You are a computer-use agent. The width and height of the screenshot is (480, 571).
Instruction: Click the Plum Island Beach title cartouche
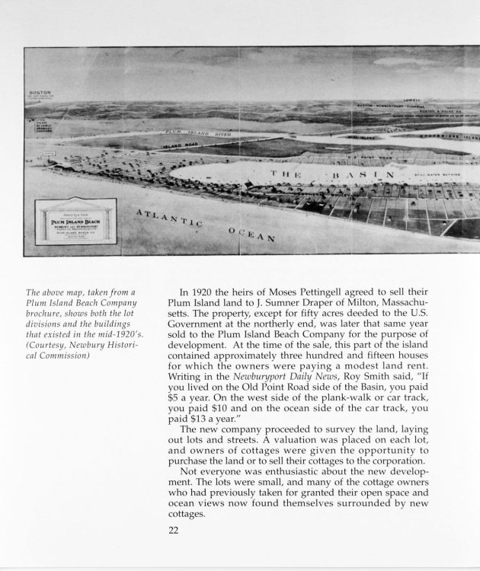click(75, 221)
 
